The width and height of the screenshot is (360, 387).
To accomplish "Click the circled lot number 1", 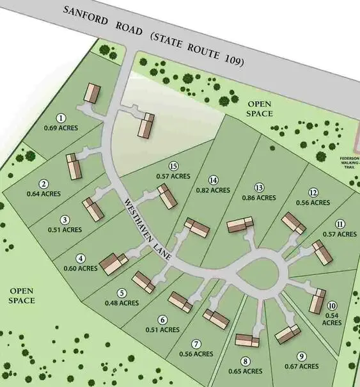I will point(61,118).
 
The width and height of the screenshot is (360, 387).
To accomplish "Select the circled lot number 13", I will point(258,188).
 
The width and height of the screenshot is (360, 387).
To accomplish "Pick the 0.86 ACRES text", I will point(260,198).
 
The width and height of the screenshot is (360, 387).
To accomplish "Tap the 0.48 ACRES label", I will point(120,303).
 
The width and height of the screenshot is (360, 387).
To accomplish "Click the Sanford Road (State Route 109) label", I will point(153,35).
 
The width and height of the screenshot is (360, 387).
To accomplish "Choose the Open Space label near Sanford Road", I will point(260,109).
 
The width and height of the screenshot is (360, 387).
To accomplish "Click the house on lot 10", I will point(318,301).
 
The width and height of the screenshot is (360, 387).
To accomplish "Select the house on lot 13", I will point(240,225).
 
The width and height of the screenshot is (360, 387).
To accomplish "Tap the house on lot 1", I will point(93,94).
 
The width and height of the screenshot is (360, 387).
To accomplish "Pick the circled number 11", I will point(340,224).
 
